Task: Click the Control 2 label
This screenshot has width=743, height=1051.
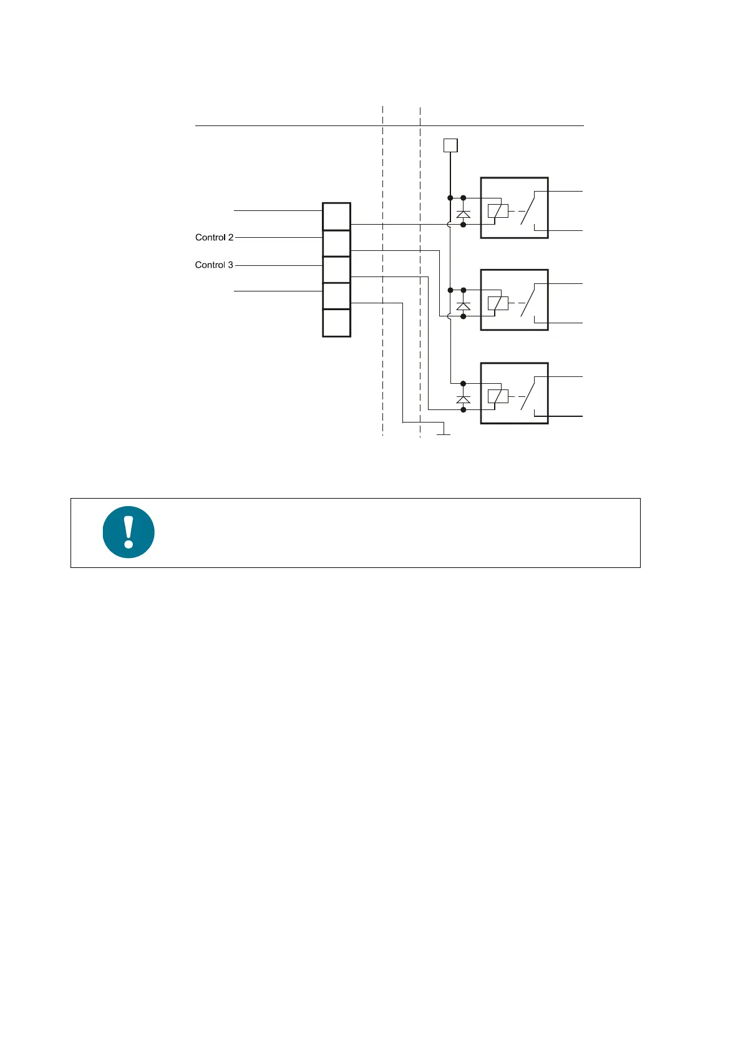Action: (x=214, y=237)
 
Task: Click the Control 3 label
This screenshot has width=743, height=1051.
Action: (x=214, y=265)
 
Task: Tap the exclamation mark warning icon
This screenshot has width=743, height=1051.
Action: (x=129, y=532)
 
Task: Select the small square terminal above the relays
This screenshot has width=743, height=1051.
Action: (x=450, y=145)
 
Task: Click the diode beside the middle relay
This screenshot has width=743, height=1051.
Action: (x=463, y=306)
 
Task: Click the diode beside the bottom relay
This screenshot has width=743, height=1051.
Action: (x=463, y=399)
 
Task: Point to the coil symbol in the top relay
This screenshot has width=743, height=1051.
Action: (x=497, y=211)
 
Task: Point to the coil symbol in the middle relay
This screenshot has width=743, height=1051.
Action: (x=497, y=303)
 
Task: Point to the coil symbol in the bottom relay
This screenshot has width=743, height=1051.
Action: (x=497, y=396)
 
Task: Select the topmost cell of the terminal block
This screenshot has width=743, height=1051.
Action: (x=336, y=217)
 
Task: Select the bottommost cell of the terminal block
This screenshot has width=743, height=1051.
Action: (x=336, y=323)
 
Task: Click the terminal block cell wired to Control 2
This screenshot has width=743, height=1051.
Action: (x=336, y=243)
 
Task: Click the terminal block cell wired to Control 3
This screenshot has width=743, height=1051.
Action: (x=336, y=270)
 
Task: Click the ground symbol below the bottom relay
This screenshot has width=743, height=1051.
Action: (x=444, y=432)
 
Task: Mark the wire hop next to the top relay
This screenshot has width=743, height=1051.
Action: (x=449, y=224)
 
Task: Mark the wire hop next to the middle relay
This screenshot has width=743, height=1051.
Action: (x=449, y=316)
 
